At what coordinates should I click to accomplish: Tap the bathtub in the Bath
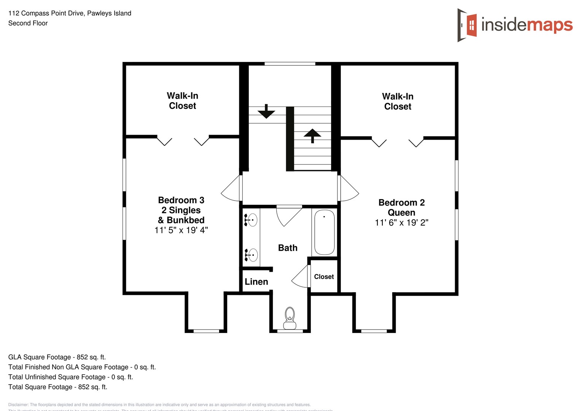tap(325, 232)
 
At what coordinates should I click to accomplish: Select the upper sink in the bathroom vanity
tap(252, 220)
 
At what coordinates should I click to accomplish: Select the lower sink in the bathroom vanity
tap(252, 255)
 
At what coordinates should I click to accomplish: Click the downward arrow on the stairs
tap(266, 112)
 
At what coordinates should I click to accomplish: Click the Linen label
tap(256, 282)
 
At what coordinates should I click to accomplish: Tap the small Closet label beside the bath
tap(324, 277)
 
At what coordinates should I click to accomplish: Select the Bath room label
tap(288, 248)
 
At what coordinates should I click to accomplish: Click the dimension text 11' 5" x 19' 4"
tap(181, 230)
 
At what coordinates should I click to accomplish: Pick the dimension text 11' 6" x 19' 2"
tap(401, 223)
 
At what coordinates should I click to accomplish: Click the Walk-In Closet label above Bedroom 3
tap(183, 101)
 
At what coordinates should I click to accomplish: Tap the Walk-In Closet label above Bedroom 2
tap(398, 102)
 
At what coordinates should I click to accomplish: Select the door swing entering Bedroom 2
tap(348, 188)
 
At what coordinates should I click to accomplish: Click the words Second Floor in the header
tap(28, 23)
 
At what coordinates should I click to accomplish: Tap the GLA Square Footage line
tap(57, 357)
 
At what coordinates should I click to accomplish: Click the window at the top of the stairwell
tap(290, 64)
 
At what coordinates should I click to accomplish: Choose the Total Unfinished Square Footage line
tap(71, 377)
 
